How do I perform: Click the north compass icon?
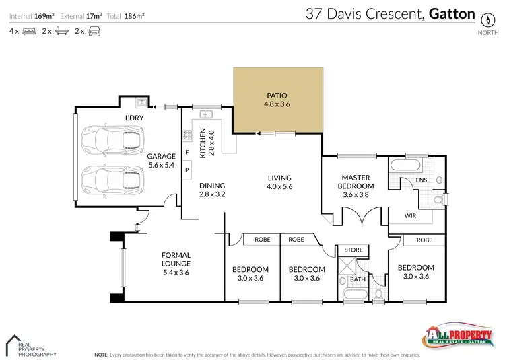click(x=484, y=19)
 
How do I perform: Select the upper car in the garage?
click(x=112, y=141)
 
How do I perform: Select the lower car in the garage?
click(x=112, y=179)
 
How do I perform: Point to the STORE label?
click(x=353, y=250)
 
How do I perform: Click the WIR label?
click(x=410, y=217)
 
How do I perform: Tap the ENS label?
click(x=422, y=180)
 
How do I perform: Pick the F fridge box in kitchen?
click(x=187, y=153)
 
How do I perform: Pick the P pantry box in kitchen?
click(x=187, y=170)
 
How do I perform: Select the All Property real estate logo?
click(x=456, y=336)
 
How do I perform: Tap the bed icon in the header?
click(x=29, y=32)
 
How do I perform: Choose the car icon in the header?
click(x=94, y=32)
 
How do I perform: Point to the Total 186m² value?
click(x=135, y=15)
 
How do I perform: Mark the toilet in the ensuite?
click(x=438, y=199)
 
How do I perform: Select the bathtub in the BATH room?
click(x=354, y=294)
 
